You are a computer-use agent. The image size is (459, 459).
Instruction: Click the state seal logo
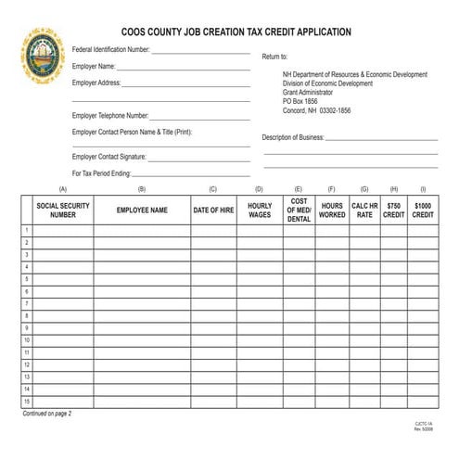pyautogui.click(x=43, y=56)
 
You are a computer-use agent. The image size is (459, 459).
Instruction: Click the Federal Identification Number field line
pyautogui.click(x=200, y=53)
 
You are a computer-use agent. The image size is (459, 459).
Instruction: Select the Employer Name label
pyautogui.click(x=94, y=67)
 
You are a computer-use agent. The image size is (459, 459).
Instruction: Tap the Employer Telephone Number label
pyautogui.click(x=110, y=116)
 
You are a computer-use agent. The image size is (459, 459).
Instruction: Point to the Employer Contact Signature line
pyautogui.click(x=199, y=159)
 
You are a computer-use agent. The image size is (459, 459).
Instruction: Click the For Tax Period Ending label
pyautogui.click(x=102, y=173)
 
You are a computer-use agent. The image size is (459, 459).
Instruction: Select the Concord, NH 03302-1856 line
pyautogui.click(x=316, y=110)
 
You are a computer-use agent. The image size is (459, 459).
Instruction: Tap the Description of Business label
pyautogui.click(x=292, y=137)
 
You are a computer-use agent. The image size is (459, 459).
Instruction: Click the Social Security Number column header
pyautogui.click(x=63, y=210)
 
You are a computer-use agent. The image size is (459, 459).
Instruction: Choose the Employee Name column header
pyautogui.click(x=142, y=210)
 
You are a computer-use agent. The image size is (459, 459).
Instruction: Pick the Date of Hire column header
pyautogui.click(x=213, y=210)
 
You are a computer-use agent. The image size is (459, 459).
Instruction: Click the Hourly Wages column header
pyautogui.click(x=260, y=210)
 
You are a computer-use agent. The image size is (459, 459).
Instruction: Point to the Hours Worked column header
pyautogui.click(x=331, y=210)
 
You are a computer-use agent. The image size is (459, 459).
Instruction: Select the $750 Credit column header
pyautogui.click(x=394, y=210)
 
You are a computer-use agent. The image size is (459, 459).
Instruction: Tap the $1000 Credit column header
pyautogui.click(x=423, y=210)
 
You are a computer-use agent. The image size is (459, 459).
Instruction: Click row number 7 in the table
pyautogui.click(x=27, y=303)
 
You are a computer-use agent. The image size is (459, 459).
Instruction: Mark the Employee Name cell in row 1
pyautogui.click(x=142, y=230)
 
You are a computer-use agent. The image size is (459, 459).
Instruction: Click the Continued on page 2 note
pyautogui.click(x=47, y=414)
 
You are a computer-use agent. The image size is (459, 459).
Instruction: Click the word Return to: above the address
pyautogui.click(x=275, y=57)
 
